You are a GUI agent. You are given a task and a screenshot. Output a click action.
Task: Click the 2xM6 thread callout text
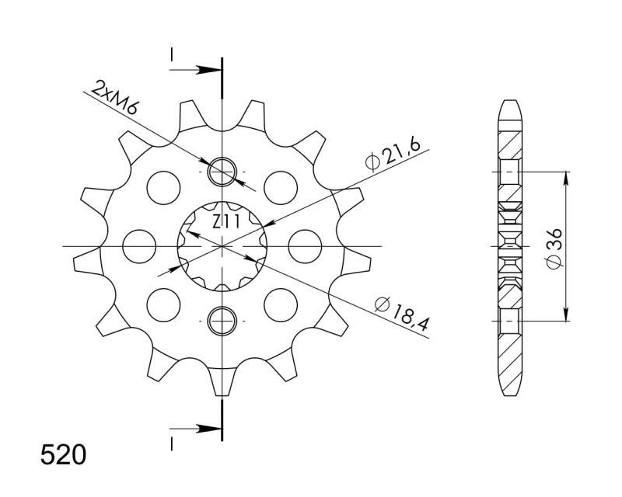coord(114,98)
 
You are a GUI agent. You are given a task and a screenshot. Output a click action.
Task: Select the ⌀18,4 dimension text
coord(402,313)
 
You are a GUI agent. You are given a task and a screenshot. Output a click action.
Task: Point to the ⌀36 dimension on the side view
coord(554,248)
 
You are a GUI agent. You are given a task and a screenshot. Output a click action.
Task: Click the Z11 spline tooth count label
coord(225,222)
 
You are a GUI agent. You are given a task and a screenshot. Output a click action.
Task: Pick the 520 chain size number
coord(63,454)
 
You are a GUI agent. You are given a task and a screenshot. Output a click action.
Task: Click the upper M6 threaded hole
coord(222,172)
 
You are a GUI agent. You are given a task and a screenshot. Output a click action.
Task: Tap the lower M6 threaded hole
coord(222,320)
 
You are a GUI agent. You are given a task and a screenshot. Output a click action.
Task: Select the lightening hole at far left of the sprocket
coord(139,246)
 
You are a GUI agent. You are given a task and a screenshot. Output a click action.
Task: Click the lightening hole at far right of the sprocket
coord(305,246)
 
